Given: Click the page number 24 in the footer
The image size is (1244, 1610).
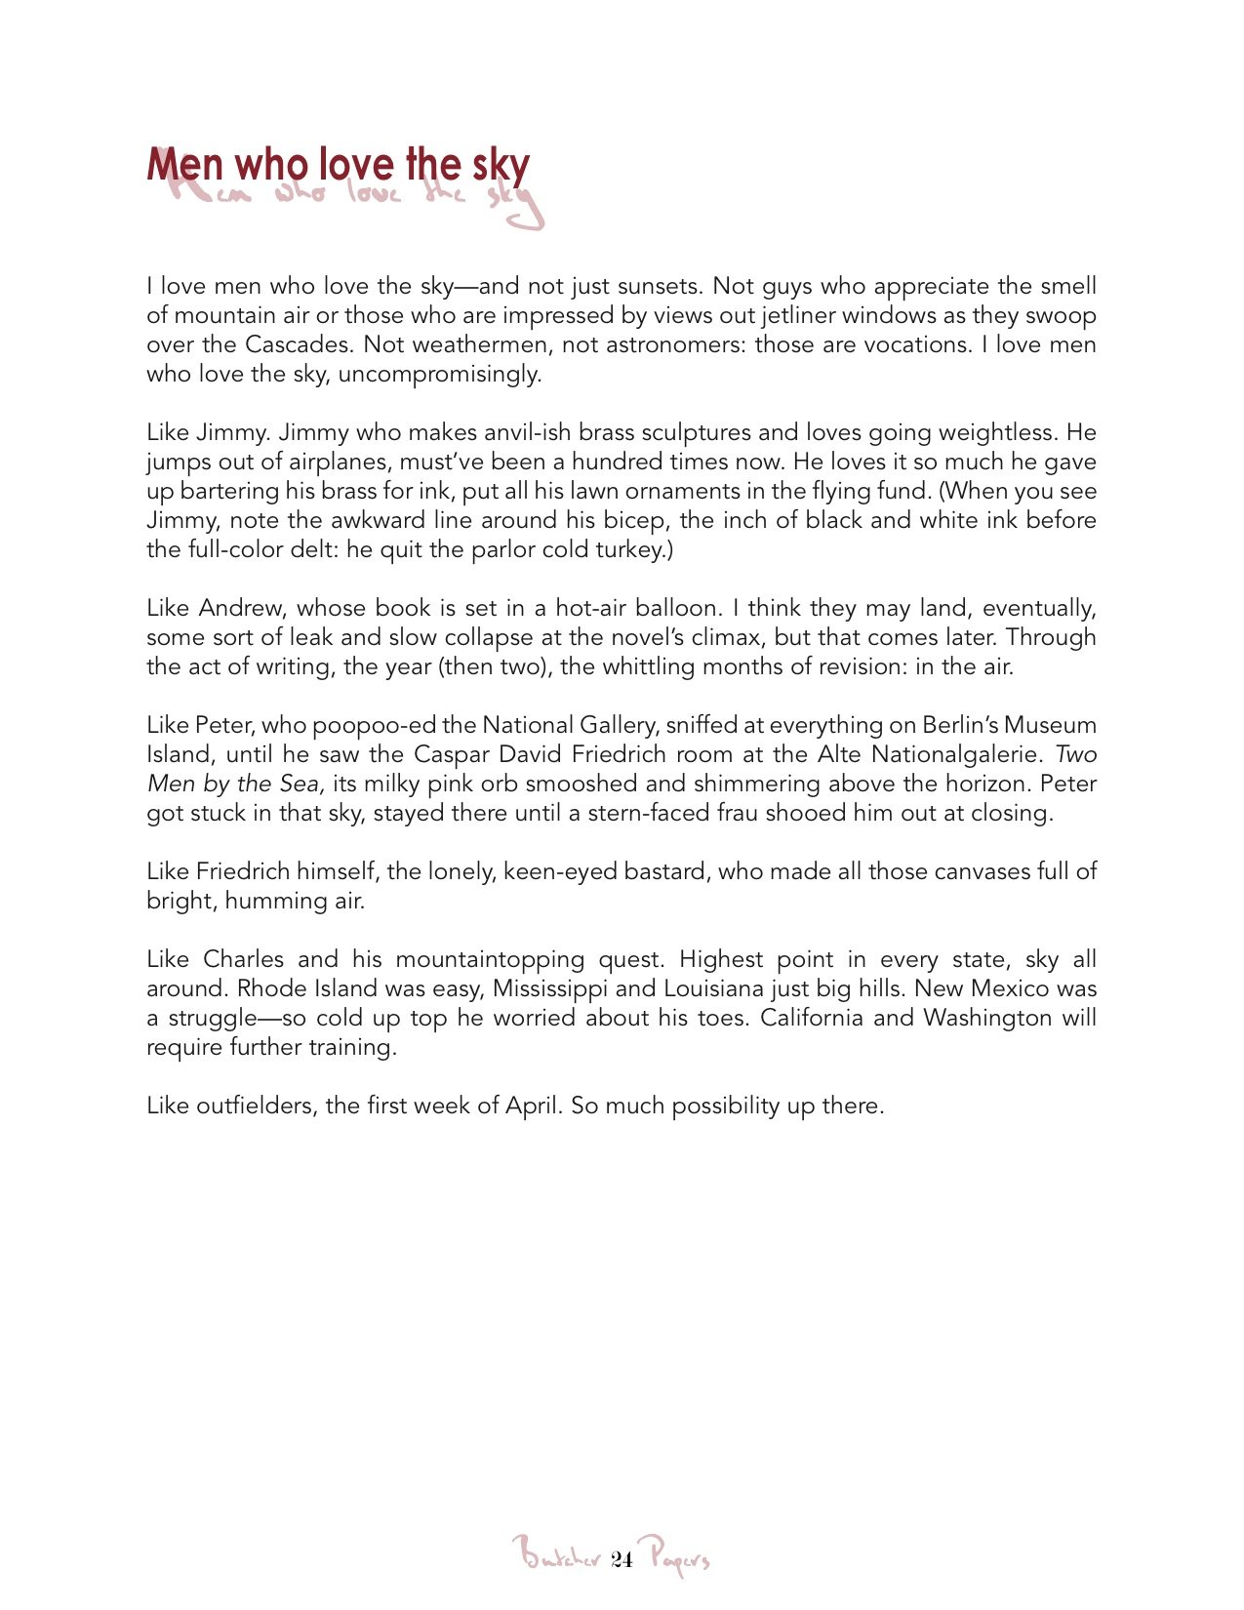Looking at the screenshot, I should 622,1559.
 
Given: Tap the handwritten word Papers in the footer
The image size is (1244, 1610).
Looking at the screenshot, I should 678,1556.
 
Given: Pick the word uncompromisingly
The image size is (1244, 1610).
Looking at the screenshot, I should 439,374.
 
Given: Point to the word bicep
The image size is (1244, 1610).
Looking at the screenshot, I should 635,520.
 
